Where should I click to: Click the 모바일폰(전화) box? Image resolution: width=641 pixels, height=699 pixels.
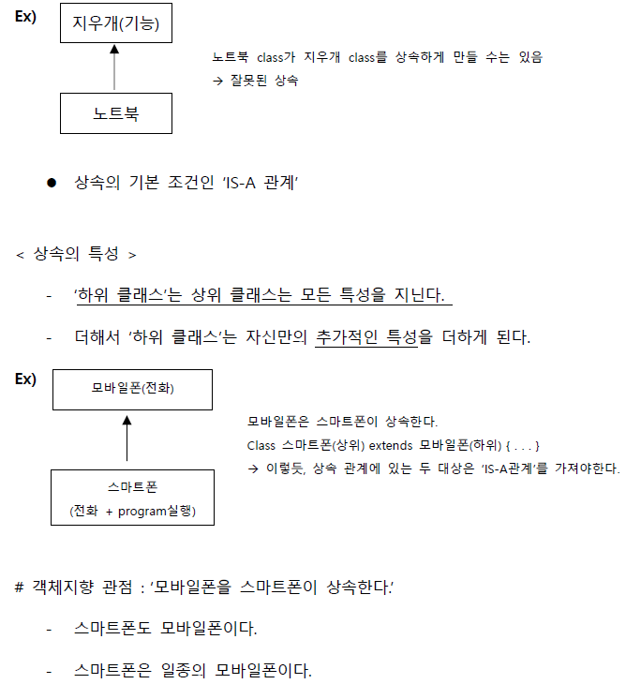click(132, 390)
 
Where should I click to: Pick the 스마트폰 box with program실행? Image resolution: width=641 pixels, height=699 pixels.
click(131, 498)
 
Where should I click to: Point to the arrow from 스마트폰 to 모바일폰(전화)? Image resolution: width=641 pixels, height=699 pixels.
click(127, 440)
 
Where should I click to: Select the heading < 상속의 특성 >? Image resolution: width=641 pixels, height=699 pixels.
click(77, 254)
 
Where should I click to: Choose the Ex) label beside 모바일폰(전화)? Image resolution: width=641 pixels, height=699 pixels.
click(24, 379)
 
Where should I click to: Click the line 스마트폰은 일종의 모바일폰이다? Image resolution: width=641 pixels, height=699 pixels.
click(192, 670)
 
